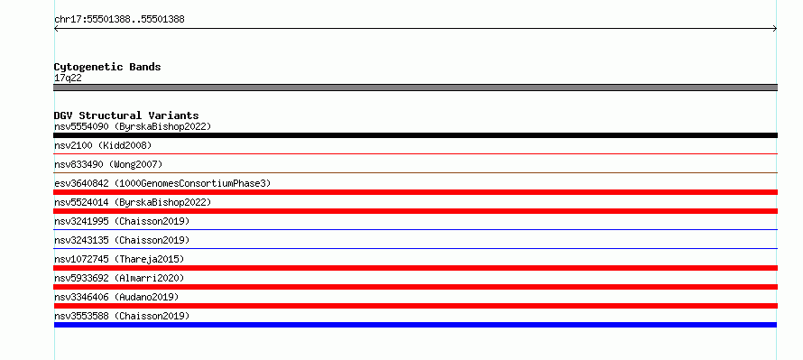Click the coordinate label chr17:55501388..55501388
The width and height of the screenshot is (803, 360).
point(119,20)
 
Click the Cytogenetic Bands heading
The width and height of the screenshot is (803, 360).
point(107,67)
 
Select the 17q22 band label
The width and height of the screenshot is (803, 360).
point(68,78)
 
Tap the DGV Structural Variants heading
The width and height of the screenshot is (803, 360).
point(126,115)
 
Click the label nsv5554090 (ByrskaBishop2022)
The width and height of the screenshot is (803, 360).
point(133,126)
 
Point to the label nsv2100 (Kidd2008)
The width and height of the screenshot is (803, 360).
point(103,145)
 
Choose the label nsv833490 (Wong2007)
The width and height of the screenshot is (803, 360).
point(108,164)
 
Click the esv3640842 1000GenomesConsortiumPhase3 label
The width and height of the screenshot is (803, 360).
point(162,183)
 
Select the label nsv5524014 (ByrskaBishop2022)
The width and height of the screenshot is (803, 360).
point(133,202)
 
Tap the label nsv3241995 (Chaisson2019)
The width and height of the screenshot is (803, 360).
point(122,221)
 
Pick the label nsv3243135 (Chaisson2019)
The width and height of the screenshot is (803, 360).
point(122,240)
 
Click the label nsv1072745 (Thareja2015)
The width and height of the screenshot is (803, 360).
point(119,259)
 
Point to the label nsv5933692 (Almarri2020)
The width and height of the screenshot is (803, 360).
point(119,278)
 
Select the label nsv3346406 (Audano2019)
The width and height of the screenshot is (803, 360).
point(116,297)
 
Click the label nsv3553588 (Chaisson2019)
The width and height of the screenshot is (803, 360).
point(122,316)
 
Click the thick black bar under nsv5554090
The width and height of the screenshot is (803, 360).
point(415,135)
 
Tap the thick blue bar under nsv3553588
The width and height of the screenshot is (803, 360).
point(415,325)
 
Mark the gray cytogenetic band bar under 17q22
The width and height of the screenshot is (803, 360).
point(415,88)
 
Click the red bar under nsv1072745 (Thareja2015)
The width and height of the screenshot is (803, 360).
point(415,268)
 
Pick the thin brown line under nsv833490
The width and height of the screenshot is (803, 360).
point(415,172)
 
